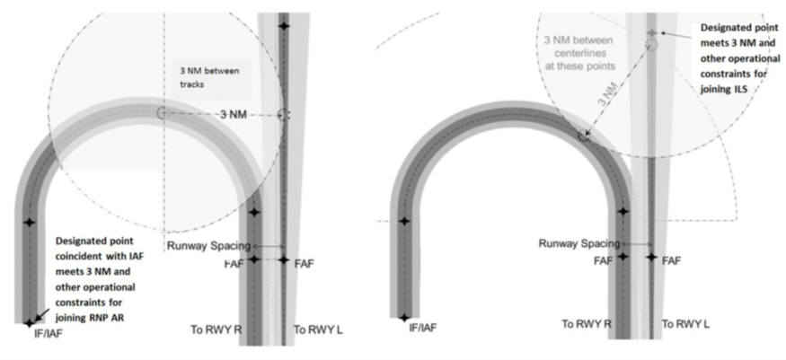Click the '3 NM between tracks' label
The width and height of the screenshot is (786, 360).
pos(209,77)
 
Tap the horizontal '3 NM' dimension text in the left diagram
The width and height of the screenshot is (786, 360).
pos(234,115)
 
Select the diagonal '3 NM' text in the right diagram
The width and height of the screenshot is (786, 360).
pos(607,94)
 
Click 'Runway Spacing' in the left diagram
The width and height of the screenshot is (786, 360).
pos(208,246)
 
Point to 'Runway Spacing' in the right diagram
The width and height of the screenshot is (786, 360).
pos(579,244)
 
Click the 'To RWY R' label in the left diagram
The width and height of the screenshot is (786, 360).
pos(216,330)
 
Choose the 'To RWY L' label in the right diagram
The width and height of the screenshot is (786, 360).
pos(685,324)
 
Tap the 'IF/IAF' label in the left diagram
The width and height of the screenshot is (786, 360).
pos(49,333)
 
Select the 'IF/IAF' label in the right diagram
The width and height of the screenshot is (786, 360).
pos(422,328)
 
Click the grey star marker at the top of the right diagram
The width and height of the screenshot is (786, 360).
pos(651,33)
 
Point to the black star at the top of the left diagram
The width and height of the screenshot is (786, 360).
pos(284,25)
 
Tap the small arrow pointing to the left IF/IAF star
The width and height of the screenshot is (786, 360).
pos(42,315)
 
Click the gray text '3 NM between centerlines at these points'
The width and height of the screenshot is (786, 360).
pos(579,53)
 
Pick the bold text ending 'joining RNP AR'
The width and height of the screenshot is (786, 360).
pos(95,279)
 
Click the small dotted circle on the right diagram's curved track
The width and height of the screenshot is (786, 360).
pos(583,136)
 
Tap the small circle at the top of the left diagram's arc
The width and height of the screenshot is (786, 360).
pos(162,112)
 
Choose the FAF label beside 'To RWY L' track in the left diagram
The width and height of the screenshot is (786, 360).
pos(304,263)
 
